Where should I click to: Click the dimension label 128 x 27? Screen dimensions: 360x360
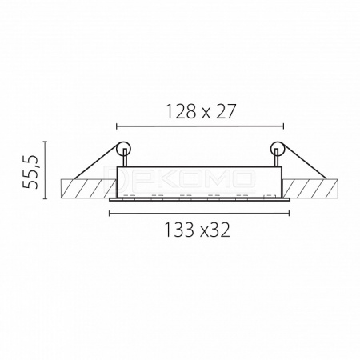201,111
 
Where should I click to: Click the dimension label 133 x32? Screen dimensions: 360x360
198,230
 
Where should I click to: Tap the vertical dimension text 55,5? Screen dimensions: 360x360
30,172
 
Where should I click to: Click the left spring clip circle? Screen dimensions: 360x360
124,149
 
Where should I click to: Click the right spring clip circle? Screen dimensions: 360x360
278,149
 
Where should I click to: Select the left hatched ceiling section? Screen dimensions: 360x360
89,189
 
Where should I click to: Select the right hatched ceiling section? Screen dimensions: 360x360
310,189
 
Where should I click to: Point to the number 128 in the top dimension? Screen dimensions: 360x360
182,111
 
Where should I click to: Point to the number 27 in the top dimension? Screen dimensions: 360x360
226,111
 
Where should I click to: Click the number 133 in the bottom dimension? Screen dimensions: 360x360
180,230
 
